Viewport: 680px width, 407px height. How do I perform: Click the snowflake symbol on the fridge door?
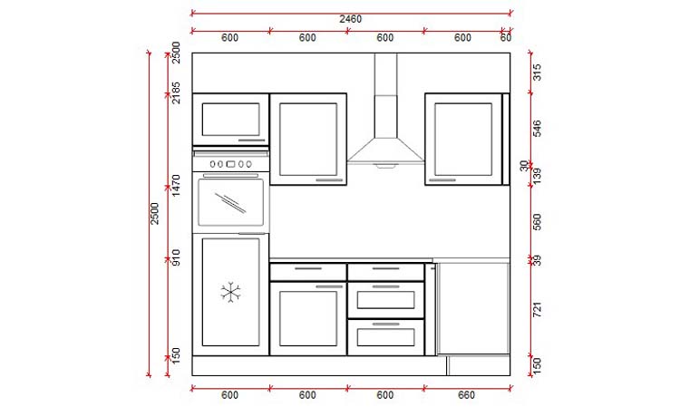pos(231,292)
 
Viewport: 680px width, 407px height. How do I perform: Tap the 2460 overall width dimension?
pos(351,19)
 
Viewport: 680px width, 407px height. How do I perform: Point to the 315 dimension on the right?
pos(537,73)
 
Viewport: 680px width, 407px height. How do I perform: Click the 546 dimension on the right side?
pos(537,128)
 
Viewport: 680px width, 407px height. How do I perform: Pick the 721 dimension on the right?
pos(537,309)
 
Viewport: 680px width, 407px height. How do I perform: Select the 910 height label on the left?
pos(177,258)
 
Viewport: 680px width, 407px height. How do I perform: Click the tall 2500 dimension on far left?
pos(155,214)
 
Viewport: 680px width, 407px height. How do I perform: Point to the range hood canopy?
pos(385,145)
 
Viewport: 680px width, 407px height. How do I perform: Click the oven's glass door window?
pos(231,202)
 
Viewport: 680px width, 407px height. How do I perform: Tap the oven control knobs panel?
pos(231,164)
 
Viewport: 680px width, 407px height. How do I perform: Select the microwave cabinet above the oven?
pos(231,119)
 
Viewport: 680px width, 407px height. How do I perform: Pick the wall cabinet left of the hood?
pos(308,139)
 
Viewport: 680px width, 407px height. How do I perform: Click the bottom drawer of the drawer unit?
pos(385,336)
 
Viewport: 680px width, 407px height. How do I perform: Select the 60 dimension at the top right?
pos(506,38)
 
